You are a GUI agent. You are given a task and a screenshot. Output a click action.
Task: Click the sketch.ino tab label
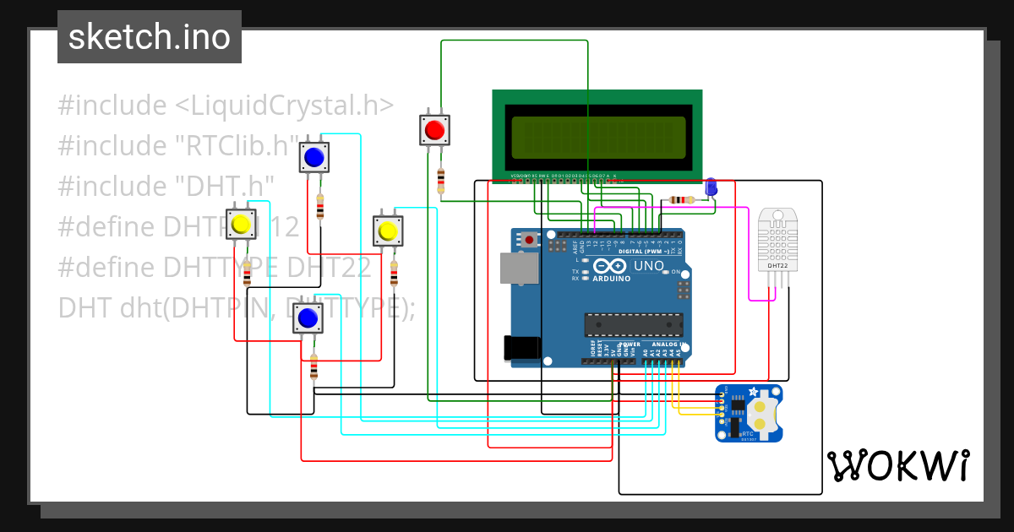click(x=149, y=37)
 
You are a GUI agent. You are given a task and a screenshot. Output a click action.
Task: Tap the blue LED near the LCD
click(x=711, y=187)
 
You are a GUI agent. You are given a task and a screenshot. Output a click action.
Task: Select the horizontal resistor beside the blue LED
click(x=681, y=200)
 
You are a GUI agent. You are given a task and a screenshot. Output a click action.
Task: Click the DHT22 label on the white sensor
click(x=777, y=266)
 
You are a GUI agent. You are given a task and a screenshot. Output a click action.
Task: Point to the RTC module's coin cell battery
click(x=763, y=413)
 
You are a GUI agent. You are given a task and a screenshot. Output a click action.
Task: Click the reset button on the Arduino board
click(x=530, y=240)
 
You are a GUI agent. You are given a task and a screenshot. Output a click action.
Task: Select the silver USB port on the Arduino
click(x=518, y=269)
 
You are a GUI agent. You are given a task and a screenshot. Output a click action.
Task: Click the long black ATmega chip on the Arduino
click(x=634, y=324)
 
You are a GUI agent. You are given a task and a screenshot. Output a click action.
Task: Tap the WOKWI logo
click(x=897, y=465)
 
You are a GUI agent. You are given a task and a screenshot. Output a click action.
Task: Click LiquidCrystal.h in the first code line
click(x=285, y=106)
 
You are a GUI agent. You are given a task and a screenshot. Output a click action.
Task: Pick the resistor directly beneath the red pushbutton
click(x=440, y=179)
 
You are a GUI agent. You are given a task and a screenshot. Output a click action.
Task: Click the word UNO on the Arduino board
click(x=649, y=266)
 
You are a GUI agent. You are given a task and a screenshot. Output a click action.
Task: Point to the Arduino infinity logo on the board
click(x=609, y=266)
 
